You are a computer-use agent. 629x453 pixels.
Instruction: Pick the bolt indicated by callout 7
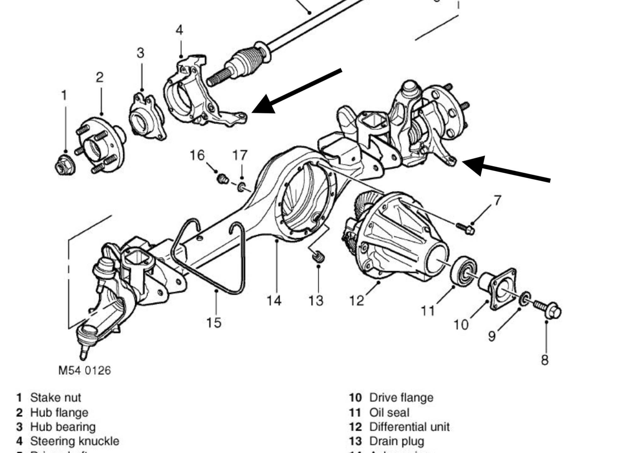click(466, 228)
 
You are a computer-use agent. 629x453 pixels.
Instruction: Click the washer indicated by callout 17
click(242, 186)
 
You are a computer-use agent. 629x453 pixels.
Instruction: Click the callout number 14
click(274, 301)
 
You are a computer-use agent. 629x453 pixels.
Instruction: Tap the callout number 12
click(357, 301)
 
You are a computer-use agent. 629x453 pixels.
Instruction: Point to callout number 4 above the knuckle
click(179, 30)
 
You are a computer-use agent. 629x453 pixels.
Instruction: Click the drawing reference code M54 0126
click(85, 370)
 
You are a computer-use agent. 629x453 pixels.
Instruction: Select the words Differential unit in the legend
click(409, 427)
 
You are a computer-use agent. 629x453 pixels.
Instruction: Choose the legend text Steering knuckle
click(75, 441)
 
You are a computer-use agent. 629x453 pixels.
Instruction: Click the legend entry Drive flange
click(401, 398)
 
